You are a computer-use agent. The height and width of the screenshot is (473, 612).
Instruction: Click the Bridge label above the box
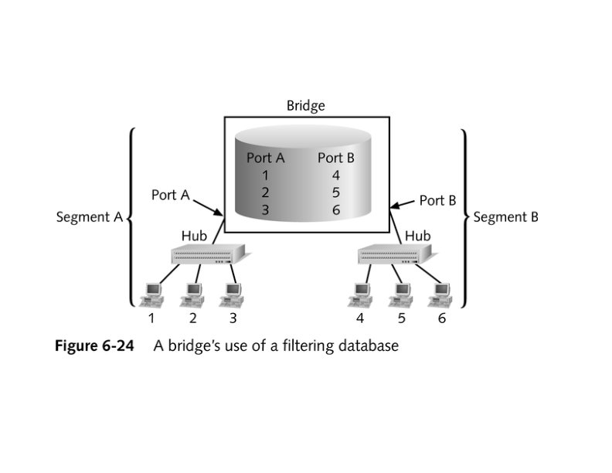point(305,105)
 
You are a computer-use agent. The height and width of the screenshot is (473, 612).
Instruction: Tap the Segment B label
point(505,217)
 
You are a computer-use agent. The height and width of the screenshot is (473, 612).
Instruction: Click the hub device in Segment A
point(207,254)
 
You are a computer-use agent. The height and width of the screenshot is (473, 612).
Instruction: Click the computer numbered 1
point(152,293)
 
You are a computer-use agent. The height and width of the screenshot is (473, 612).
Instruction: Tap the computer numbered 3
point(231,293)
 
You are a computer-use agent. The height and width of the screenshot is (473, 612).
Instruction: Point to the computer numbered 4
point(360,293)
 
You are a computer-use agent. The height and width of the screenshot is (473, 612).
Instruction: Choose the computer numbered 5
point(401,293)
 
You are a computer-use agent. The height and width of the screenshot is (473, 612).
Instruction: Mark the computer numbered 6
point(441,293)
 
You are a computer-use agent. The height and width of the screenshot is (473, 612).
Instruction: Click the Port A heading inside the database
point(265,158)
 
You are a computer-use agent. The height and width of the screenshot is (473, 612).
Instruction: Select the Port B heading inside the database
point(335,158)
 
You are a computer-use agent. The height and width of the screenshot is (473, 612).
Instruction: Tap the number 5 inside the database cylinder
point(335,192)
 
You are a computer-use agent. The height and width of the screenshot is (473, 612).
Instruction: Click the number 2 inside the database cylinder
point(265,192)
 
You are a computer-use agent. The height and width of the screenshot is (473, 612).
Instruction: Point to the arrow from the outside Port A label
point(207,207)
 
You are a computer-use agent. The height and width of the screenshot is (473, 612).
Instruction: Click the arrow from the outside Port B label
point(403,204)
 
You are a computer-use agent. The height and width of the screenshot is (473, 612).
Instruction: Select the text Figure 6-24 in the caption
point(93,345)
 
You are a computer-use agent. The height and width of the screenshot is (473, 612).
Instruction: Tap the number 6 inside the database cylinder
point(335,209)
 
